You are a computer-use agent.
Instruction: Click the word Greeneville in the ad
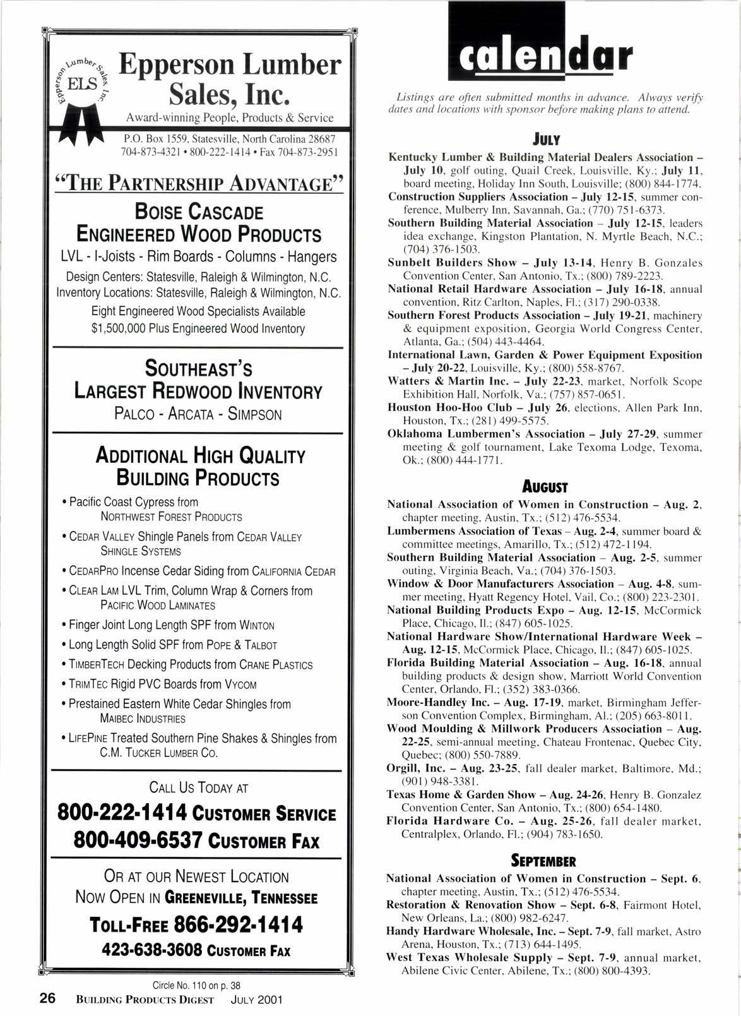(x=206, y=898)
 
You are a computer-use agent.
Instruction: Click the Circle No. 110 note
(x=197, y=986)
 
